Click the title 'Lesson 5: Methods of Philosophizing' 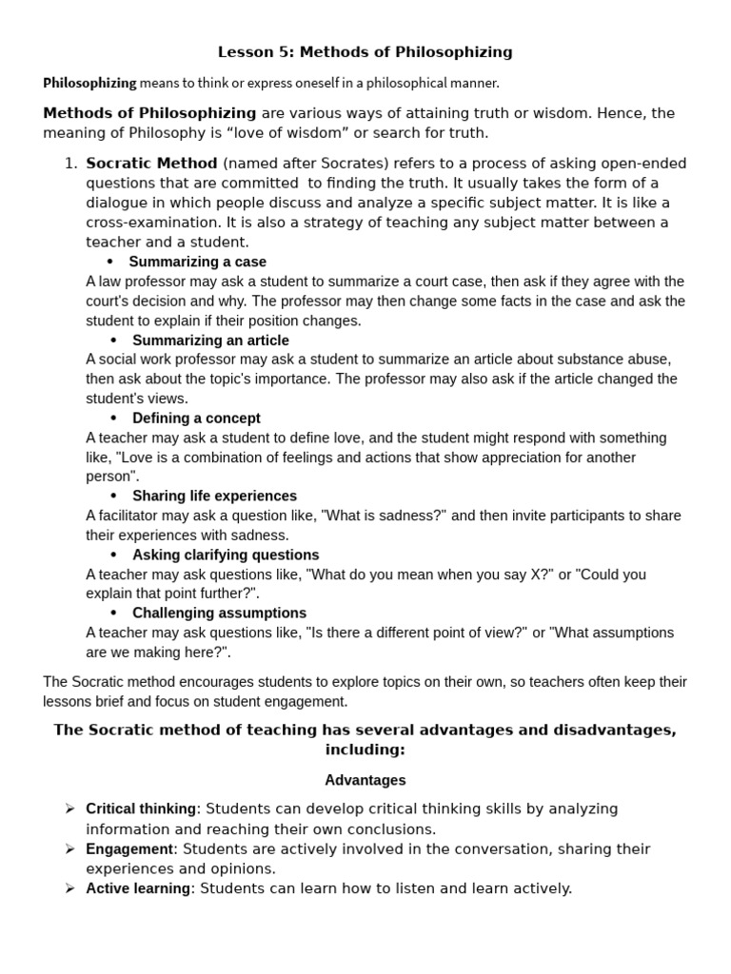[x=365, y=51]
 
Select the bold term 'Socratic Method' [x=151, y=163]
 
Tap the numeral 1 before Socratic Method [x=69, y=163]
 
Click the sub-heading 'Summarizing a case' [x=197, y=262]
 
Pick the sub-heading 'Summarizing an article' [x=210, y=340]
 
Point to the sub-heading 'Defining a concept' [x=196, y=418]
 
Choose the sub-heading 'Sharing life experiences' [x=214, y=496]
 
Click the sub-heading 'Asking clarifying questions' [x=226, y=555]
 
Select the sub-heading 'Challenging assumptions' [x=219, y=613]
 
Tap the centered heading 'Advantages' [x=365, y=780]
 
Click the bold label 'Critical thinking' [x=141, y=808]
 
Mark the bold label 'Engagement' [x=129, y=848]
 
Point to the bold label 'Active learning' [x=138, y=888]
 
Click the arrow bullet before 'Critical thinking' [x=69, y=808]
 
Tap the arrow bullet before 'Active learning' [x=69, y=888]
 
